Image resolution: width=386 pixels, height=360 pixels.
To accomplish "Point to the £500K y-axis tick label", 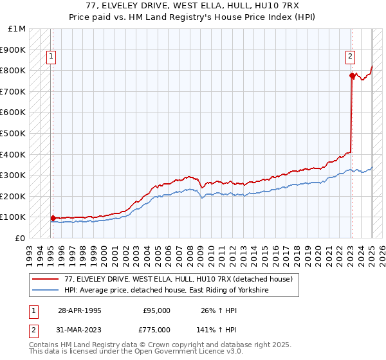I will (x=13, y=133).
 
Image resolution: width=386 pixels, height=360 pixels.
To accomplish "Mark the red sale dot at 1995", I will (x=53, y=218).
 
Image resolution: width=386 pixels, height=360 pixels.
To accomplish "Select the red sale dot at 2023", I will (x=352, y=76).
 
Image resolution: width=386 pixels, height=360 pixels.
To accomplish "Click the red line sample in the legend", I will (x=46, y=279).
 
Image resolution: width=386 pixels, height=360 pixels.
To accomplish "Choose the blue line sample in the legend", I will (x=46, y=291).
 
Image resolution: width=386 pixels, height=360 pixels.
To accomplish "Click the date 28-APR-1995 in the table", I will (x=80, y=310).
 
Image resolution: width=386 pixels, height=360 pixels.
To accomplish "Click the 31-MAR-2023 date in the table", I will (x=80, y=330).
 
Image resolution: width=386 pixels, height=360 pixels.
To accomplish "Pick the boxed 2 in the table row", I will (x=32, y=330).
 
